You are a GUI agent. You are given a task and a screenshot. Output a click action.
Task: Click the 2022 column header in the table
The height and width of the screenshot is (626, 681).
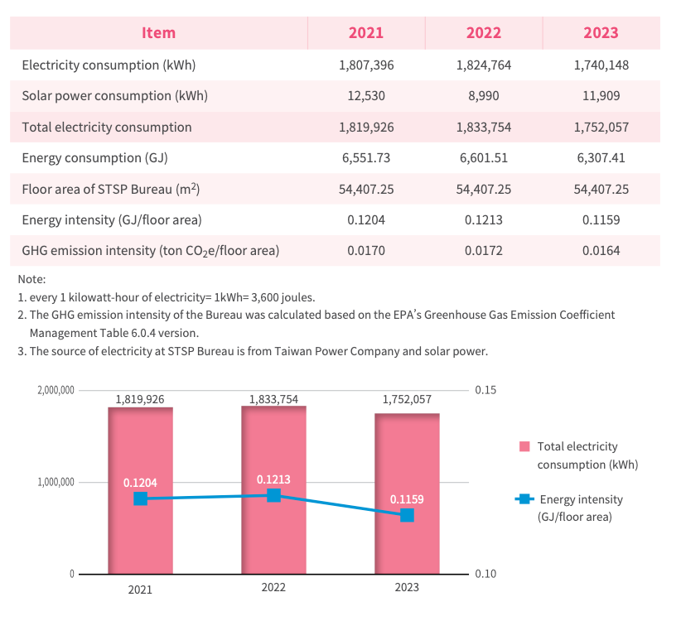[x=483, y=33]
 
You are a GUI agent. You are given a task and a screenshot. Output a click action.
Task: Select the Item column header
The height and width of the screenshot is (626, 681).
[x=158, y=33]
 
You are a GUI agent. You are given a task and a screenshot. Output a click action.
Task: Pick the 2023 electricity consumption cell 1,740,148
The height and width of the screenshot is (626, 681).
[x=601, y=65]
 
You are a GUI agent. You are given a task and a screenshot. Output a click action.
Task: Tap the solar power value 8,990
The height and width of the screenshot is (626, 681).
[x=483, y=96]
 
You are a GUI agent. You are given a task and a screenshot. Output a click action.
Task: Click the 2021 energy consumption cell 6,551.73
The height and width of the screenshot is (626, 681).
[x=366, y=158]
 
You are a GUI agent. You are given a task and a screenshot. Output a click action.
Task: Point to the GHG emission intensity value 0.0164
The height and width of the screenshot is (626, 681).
[x=601, y=251]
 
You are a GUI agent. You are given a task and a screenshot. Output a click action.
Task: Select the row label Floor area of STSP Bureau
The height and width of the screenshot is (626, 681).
[x=111, y=190]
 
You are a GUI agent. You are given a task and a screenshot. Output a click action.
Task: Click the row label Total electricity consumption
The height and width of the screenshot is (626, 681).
[x=107, y=128]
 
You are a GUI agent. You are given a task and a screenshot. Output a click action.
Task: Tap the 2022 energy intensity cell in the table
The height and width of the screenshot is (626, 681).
[x=483, y=220]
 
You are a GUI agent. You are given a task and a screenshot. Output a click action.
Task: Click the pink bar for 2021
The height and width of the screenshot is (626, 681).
[x=140, y=490]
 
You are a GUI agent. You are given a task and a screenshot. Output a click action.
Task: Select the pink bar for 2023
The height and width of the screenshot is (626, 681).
[x=407, y=494]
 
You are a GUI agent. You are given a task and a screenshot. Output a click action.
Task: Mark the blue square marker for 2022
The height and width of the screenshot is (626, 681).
[x=273, y=495]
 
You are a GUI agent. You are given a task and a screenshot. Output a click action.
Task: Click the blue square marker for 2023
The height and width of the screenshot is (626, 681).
[x=407, y=515]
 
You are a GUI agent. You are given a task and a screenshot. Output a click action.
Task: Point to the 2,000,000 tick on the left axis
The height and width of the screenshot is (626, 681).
[x=56, y=390]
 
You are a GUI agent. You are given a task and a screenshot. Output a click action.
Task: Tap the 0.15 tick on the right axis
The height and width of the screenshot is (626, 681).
[x=485, y=390]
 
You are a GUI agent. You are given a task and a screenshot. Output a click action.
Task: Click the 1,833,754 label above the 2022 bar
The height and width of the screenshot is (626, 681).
[x=273, y=399]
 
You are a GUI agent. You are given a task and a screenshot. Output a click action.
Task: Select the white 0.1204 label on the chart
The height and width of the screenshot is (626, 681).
[x=140, y=483]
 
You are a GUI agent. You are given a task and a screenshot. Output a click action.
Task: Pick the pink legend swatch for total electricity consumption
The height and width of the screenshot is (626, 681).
[x=524, y=446]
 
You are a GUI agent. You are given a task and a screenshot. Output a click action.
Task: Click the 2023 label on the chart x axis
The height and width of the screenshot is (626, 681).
[x=407, y=587]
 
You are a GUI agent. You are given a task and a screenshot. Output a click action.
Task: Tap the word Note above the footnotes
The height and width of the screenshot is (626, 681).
[x=31, y=279]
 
